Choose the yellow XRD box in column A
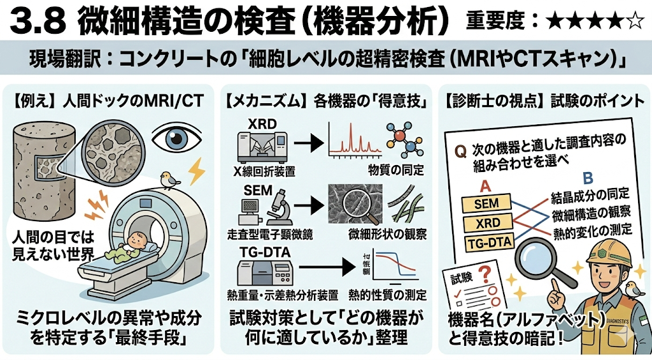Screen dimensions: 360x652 coord(486,224)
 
